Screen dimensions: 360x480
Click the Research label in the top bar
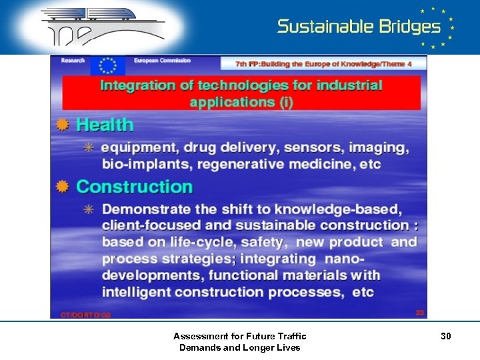coord(73,61)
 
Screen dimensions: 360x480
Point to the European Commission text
coord(162,61)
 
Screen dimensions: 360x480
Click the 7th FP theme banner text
coord(323,64)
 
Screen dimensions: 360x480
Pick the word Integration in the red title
coord(137,85)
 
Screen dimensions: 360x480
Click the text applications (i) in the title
coord(241,102)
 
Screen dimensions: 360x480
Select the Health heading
coord(105,125)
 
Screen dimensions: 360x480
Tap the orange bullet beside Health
coord(63,125)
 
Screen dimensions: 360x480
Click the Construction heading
coord(134,187)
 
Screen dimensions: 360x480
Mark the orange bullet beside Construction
coord(63,187)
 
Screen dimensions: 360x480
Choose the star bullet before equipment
coord(88,147)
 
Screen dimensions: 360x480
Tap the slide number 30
coord(445,337)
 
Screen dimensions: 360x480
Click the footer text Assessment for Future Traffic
coord(239,336)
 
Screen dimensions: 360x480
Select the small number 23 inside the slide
coord(419,312)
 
